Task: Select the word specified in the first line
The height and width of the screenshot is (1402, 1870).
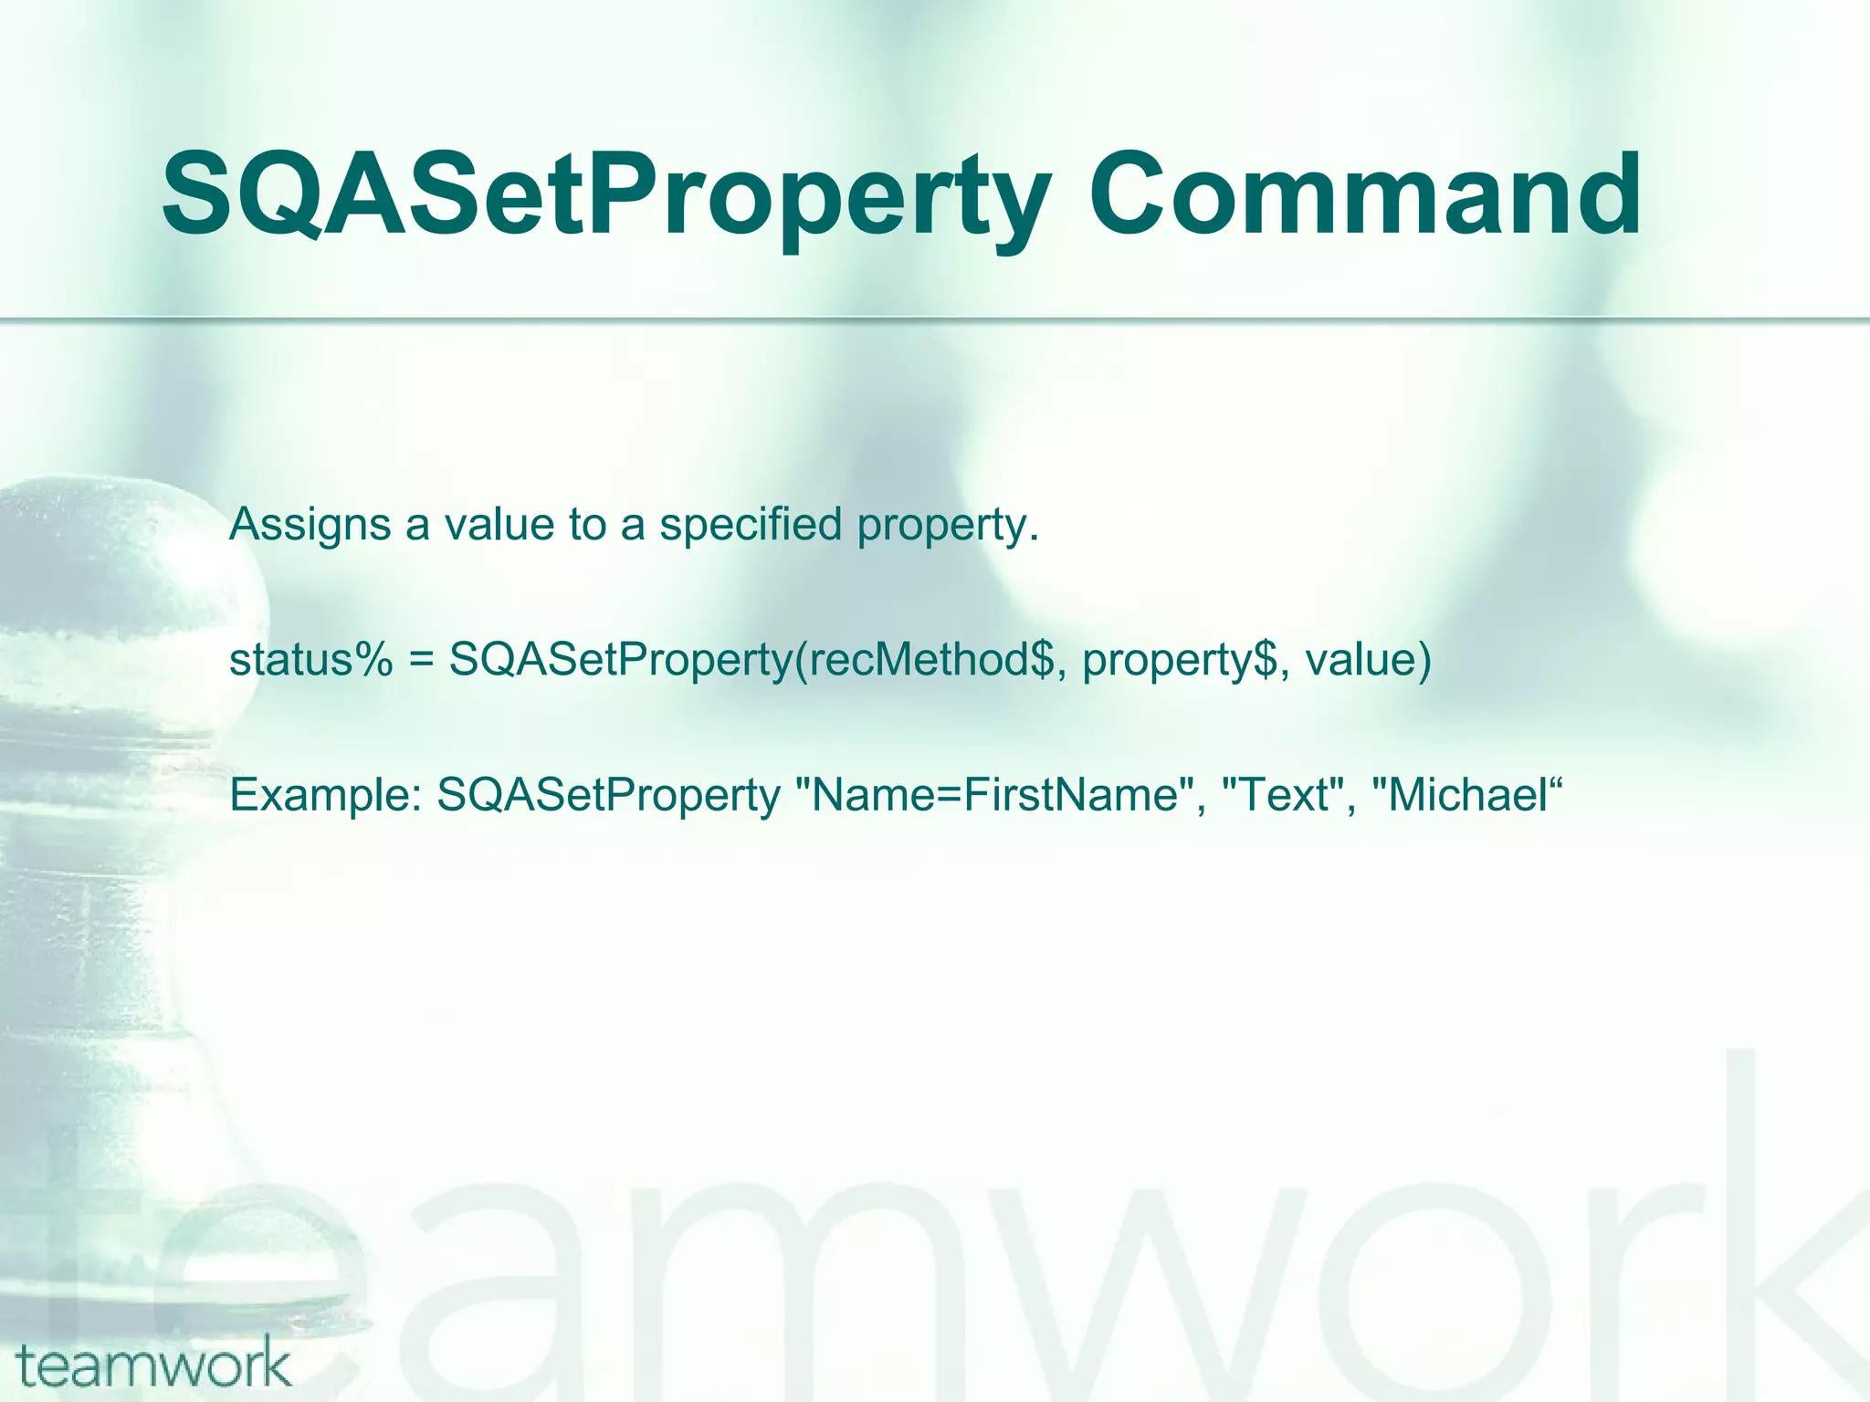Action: pos(750,526)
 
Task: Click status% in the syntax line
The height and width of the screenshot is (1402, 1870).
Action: pos(311,660)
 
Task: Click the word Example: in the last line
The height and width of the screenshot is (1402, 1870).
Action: pos(325,796)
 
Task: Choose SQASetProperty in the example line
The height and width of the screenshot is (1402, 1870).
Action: pos(608,796)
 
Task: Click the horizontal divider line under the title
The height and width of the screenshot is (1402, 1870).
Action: pos(935,319)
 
